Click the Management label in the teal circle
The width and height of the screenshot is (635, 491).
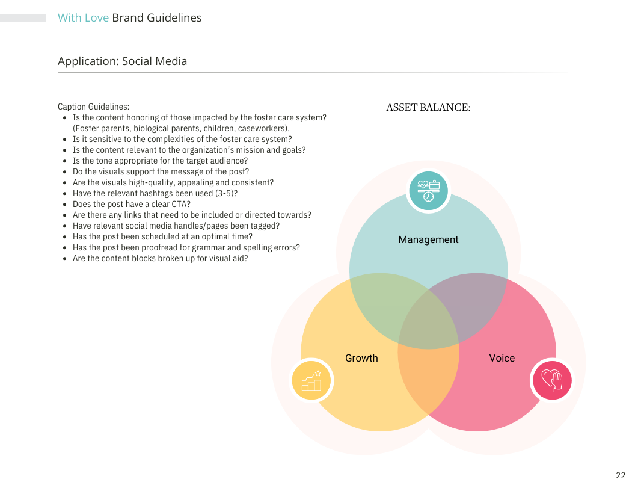point(428,239)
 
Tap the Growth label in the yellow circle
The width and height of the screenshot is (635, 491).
point(361,358)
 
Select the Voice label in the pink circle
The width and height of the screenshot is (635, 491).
point(502,358)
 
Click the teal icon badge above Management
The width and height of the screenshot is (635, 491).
point(428,191)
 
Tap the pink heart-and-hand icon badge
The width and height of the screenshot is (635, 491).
point(552,380)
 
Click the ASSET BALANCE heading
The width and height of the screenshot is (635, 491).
point(428,108)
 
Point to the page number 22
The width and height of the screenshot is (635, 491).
point(621,475)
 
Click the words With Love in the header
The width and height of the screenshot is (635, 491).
point(83,18)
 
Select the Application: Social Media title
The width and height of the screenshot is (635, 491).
point(122,61)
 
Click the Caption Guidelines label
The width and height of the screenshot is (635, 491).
point(93,107)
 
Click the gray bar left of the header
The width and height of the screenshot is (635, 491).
point(23,18)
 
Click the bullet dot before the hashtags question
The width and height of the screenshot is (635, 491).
point(65,194)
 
